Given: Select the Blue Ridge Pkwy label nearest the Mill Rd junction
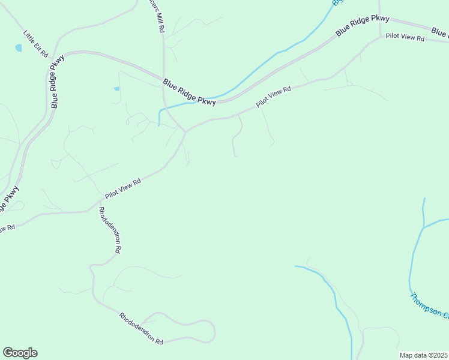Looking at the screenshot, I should click(x=189, y=92).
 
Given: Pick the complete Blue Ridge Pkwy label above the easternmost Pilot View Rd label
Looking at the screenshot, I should click(x=363, y=26).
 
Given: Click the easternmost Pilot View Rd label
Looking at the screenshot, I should click(x=405, y=37).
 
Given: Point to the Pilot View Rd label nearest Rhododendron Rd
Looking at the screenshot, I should click(x=122, y=188).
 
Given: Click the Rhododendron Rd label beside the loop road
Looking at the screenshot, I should click(x=141, y=328).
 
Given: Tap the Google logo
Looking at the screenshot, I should click(x=20, y=353).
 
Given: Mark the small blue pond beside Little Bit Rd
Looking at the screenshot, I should click(x=18, y=47).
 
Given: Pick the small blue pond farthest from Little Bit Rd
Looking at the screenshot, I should click(x=116, y=89).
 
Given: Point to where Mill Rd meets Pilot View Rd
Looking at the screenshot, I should click(x=185, y=131).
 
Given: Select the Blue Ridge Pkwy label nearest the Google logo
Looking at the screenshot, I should click(x=10, y=200).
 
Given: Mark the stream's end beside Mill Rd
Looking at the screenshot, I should click(x=158, y=125).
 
